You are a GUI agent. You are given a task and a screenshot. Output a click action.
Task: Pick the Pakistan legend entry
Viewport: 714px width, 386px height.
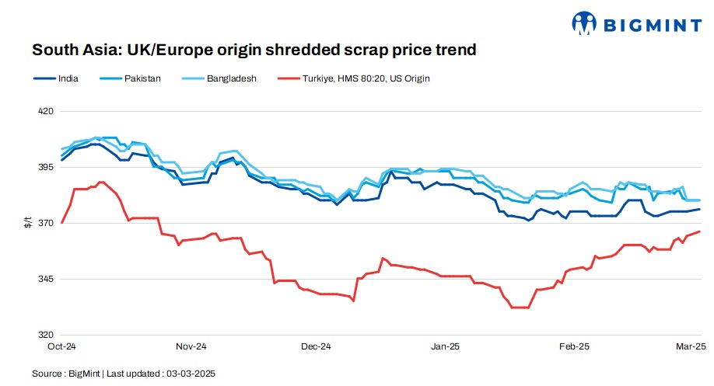tap(142, 78)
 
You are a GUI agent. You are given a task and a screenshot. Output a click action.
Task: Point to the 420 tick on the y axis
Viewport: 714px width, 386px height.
tap(46, 111)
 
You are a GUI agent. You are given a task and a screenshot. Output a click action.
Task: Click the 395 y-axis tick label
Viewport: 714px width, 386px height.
tap(46, 167)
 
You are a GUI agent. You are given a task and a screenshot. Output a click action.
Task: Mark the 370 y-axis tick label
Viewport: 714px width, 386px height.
tap(46, 223)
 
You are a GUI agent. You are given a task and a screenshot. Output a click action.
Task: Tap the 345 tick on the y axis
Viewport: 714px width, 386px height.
tap(46, 279)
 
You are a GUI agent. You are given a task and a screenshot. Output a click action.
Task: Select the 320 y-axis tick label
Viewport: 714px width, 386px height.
tap(46, 335)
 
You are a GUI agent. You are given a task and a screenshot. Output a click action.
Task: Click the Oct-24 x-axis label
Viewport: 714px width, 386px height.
tap(61, 346)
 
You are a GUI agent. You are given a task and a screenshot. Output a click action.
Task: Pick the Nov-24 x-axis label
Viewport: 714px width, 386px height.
tap(191, 346)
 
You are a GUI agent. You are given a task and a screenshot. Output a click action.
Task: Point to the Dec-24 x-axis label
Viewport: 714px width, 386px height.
tap(316, 346)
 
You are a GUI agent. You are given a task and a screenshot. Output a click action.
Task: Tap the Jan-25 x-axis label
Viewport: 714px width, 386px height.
tap(445, 346)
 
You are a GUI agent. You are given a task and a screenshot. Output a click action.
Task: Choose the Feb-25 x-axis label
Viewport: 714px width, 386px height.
tap(573, 346)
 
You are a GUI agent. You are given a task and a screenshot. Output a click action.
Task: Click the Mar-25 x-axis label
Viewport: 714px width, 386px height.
tap(690, 346)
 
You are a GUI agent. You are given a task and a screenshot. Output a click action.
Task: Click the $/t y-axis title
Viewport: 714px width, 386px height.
tap(29, 223)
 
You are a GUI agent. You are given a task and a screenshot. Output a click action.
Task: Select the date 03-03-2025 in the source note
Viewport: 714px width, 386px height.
tap(190, 374)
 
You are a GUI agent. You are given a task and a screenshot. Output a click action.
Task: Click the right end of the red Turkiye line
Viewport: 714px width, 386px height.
tap(700, 231)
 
